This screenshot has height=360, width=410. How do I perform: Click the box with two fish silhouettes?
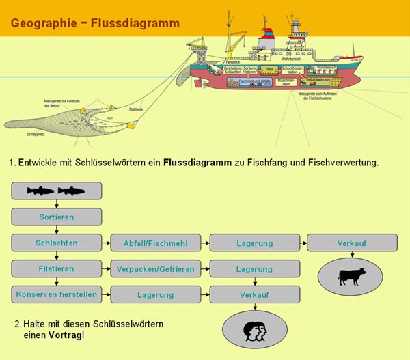tap(57, 191)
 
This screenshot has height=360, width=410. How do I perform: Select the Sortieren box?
tap(57, 217)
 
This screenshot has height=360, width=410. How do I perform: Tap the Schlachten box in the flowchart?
tap(57, 243)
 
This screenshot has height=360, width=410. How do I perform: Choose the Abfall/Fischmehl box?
tap(156, 243)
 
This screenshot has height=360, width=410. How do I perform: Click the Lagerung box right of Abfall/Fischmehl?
tap(255, 243)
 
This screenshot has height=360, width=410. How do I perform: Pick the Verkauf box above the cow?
tap(352, 243)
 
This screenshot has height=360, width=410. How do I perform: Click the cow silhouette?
tap(352, 276)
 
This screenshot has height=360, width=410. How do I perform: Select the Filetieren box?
tap(57, 268)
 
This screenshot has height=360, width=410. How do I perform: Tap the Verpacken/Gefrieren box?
tap(156, 269)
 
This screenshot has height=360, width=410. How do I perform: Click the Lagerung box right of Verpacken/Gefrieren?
tap(255, 269)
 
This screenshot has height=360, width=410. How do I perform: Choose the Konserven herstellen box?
tap(57, 294)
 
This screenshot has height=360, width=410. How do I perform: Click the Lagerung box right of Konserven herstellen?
tap(156, 295)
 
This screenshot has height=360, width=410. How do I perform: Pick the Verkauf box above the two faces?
tap(255, 295)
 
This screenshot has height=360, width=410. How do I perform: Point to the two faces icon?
tap(254, 329)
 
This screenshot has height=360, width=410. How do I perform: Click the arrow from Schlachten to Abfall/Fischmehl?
tap(106, 243)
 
